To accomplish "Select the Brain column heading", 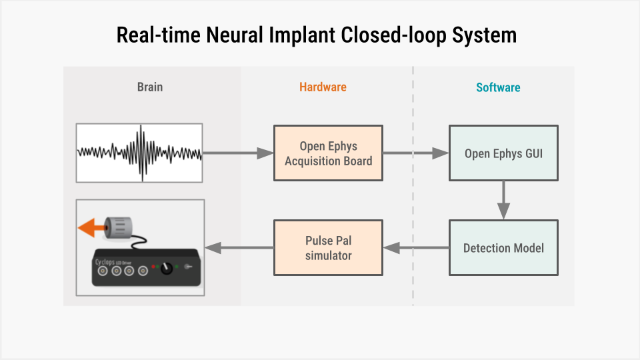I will tap(150, 87).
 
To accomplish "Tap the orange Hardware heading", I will tap(323, 87).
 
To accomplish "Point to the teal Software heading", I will tap(498, 87).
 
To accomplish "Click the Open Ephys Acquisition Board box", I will tap(328, 153).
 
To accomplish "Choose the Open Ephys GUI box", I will tap(503, 153).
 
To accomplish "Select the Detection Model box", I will tap(503, 248).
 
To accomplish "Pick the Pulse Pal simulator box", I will tap(328, 248).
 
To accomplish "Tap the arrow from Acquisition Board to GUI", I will tap(415, 153).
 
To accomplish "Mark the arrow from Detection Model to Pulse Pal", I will tap(415, 248).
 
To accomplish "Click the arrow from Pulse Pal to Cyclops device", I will tap(239, 248).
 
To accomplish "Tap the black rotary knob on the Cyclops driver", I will tap(167, 268).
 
